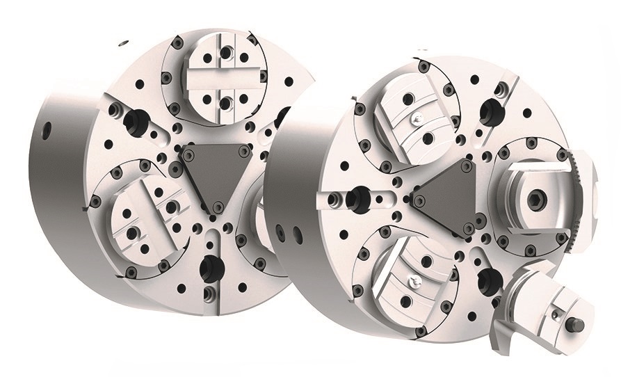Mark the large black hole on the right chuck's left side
(362, 199)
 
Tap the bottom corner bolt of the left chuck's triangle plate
(218, 205)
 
